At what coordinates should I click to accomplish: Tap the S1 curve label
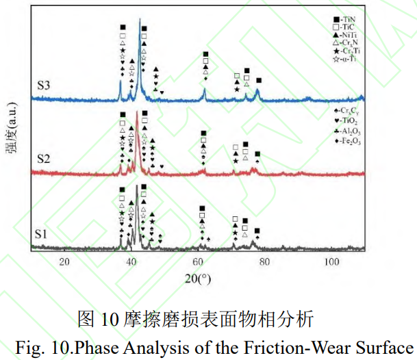pyautogui.click(x=42, y=234)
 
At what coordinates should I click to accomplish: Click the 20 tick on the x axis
pyautogui.click(x=65, y=262)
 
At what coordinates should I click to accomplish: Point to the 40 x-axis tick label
pyautogui.click(x=131, y=262)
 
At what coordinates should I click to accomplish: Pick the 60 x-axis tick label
pyautogui.click(x=198, y=262)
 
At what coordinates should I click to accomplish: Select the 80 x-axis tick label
pyautogui.click(x=265, y=262)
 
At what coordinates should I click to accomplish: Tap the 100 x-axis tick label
pyautogui.click(x=331, y=262)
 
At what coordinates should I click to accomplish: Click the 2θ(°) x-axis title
pyautogui.click(x=201, y=279)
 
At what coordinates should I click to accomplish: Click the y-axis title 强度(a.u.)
pyautogui.click(x=13, y=133)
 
